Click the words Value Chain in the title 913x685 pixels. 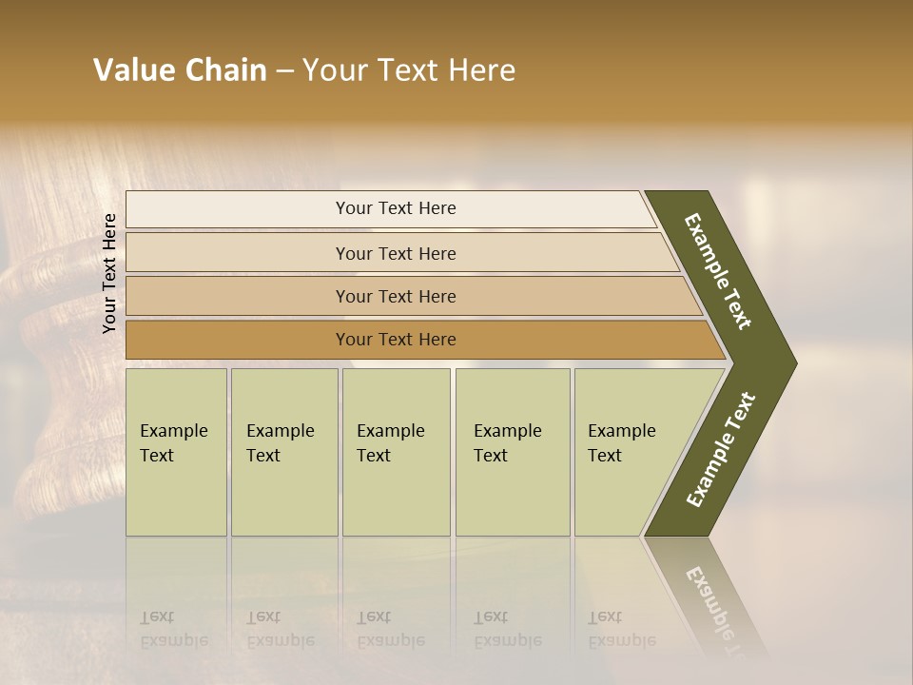click(x=180, y=70)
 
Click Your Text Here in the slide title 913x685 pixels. click(x=409, y=70)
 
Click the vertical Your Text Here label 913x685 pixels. click(x=109, y=273)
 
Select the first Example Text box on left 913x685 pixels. click(x=176, y=452)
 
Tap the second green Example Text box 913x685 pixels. click(x=284, y=452)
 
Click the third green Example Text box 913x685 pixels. click(x=396, y=452)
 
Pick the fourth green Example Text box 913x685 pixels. click(x=513, y=452)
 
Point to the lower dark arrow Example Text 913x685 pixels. click(x=721, y=449)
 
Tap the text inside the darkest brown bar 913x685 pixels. click(x=396, y=340)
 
